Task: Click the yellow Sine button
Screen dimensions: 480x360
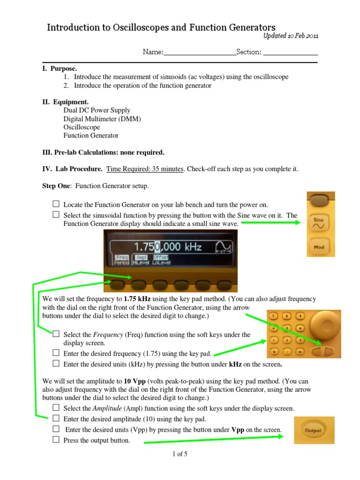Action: tap(319, 223)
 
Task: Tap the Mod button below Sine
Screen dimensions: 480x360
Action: tap(319, 247)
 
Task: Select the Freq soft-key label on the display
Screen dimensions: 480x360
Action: tap(122, 257)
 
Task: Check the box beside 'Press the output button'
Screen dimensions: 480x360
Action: tap(56, 440)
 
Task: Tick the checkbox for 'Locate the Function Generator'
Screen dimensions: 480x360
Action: tap(56, 204)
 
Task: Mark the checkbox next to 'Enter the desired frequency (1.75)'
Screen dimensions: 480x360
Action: tap(56, 352)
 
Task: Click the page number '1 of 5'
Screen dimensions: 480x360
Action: tap(180, 454)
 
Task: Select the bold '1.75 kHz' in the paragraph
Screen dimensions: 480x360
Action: tap(139, 299)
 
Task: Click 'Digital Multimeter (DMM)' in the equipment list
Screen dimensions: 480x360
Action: tap(102, 119)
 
